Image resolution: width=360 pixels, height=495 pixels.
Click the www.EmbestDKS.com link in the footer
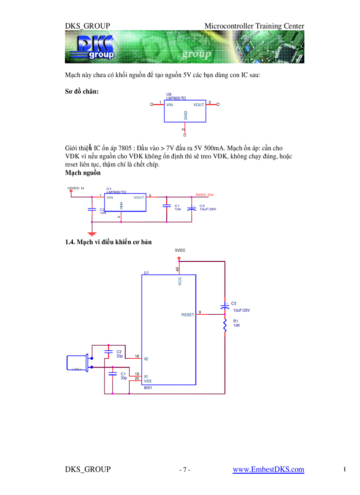click(x=268, y=469)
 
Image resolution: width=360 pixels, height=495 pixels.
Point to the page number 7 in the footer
click(x=185, y=470)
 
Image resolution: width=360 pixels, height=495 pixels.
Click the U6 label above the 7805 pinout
click(x=169, y=94)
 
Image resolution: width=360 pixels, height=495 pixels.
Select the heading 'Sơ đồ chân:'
click(x=82, y=91)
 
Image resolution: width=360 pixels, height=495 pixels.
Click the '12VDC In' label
click(x=75, y=188)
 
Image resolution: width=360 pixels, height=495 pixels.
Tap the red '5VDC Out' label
click(x=204, y=195)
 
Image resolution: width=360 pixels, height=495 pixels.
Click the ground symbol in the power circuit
click(x=92, y=233)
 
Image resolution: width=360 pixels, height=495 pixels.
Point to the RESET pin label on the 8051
click(x=187, y=315)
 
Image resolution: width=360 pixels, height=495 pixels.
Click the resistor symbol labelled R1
click(x=225, y=326)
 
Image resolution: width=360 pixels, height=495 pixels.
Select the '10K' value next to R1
click(x=236, y=325)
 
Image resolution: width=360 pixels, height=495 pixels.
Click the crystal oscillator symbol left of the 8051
click(x=77, y=363)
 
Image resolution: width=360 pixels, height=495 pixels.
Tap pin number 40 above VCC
click(x=177, y=269)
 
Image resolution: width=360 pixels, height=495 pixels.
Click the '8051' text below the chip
click(x=148, y=388)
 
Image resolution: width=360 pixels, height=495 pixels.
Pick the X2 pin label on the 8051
click(x=146, y=359)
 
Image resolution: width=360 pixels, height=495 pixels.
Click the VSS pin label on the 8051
click(x=148, y=380)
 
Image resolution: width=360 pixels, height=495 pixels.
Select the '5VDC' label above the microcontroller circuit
click(x=180, y=250)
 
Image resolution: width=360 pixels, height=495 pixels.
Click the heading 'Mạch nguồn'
click(x=83, y=173)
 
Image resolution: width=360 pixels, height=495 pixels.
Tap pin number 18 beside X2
click(x=137, y=356)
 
